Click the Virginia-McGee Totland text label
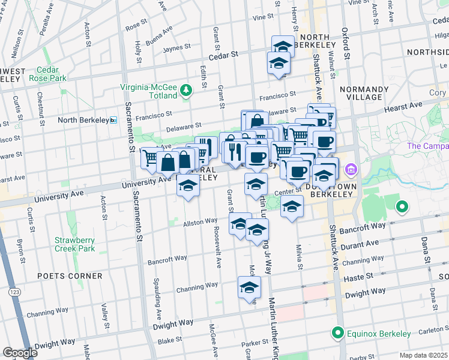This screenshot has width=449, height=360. [x=149, y=91]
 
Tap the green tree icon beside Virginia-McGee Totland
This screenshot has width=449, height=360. [x=187, y=91]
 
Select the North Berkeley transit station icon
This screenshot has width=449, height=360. [x=113, y=121]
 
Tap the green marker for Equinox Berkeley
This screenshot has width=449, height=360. [x=337, y=333]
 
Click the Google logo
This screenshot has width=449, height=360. [x=20, y=353]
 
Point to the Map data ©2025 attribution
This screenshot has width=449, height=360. [x=424, y=355]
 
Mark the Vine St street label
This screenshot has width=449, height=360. [x=263, y=17]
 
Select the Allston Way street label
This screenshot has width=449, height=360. [x=200, y=221]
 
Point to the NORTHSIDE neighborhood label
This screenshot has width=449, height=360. [x=427, y=52]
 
